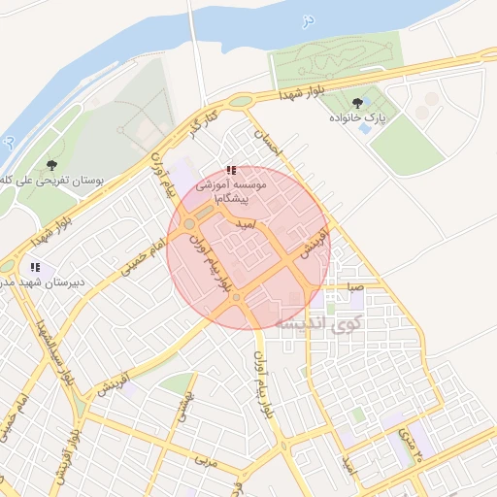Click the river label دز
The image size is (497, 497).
click(308, 18)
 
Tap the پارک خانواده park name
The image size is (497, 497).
click(357, 118)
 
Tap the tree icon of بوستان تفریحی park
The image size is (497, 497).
click(52, 165)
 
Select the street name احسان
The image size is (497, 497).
click(265, 144)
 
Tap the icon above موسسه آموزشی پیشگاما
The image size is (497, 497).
click(230, 170)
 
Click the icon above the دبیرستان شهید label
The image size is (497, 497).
click(36, 266)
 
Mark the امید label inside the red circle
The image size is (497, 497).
click(248, 224)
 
